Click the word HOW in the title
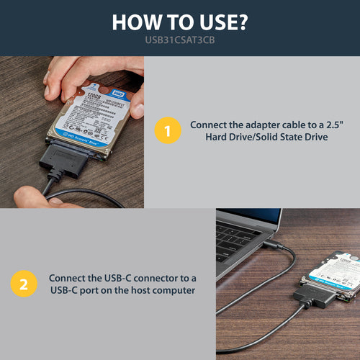tap(136, 22)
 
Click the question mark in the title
tap(243, 22)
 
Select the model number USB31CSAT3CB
tap(180, 42)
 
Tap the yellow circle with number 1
tap(168, 132)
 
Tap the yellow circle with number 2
tap(24, 284)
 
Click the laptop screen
tap(252, 214)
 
